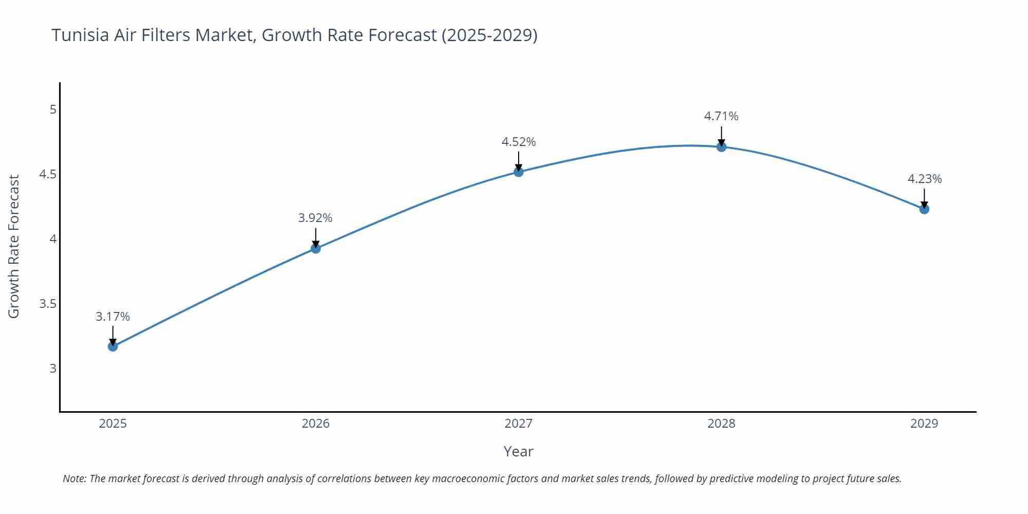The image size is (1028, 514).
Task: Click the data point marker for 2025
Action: tap(113, 346)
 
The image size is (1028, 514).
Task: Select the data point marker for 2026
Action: tap(316, 249)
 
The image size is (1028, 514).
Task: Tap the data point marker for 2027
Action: tap(519, 172)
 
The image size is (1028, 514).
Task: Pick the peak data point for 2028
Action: tap(721, 147)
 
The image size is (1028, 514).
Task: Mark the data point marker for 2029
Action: tap(924, 209)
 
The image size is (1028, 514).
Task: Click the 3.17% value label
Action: tap(113, 317)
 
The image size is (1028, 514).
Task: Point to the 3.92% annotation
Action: tap(315, 218)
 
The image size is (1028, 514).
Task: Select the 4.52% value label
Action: tap(519, 142)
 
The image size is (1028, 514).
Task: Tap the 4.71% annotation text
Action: tap(721, 116)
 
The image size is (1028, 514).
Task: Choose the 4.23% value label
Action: tap(924, 179)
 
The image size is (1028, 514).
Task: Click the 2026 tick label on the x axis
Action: tap(316, 424)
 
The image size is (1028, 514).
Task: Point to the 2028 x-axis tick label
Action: tap(721, 424)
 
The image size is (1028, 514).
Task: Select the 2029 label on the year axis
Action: tap(924, 424)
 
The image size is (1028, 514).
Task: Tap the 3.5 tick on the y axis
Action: tap(48, 304)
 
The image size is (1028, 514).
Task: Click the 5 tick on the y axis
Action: tap(53, 109)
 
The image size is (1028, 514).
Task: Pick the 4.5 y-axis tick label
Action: tap(48, 174)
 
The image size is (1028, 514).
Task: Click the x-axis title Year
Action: tap(518, 451)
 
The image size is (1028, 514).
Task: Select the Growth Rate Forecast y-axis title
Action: tap(14, 246)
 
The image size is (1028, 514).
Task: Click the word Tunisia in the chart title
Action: tap(80, 35)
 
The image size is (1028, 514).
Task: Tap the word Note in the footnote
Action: tap(74, 479)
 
